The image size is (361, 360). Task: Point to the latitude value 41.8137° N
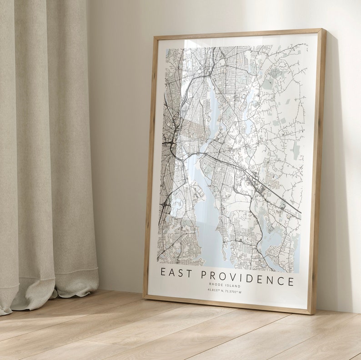point(216,291)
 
